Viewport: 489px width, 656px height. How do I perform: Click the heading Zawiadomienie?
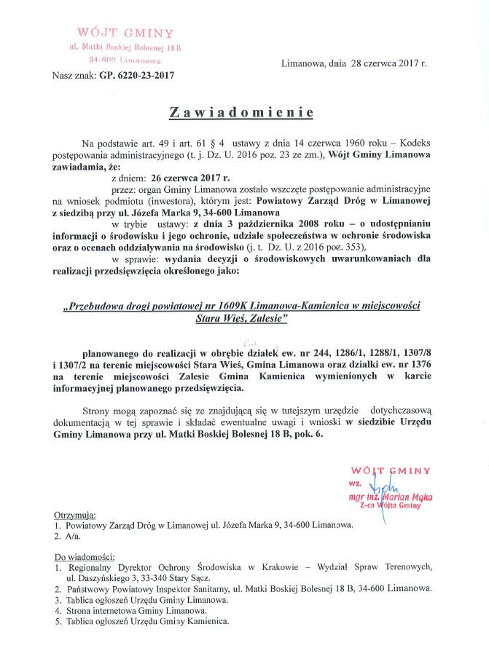click(x=241, y=112)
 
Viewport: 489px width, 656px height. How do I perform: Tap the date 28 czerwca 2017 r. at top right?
click(x=389, y=63)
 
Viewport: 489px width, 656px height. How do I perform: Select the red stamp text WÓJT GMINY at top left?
click(x=125, y=33)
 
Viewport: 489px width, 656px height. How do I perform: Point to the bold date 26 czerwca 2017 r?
click(x=190, y=177)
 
